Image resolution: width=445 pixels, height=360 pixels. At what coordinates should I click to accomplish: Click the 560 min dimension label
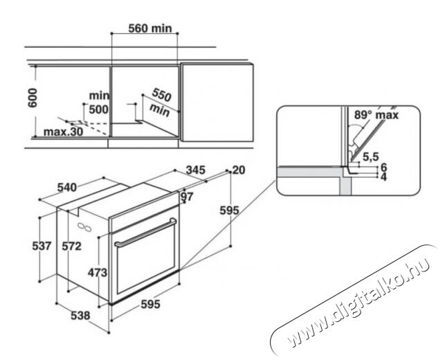tap(150, 28)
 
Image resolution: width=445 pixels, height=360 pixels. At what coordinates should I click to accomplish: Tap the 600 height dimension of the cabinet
tap(33, 98)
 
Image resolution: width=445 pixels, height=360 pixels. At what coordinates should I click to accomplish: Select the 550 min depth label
tap(161, 102)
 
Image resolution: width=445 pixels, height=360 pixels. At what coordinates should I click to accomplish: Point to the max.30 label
tap(63, 132)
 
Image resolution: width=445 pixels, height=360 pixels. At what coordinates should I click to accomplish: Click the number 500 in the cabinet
tap(99, 109)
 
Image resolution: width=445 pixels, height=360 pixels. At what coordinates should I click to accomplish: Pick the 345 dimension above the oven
tap(195, 170)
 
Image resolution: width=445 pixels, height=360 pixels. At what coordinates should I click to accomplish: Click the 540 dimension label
tap(67, 188)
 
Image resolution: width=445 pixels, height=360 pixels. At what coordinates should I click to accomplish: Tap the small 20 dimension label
tap(239, 170)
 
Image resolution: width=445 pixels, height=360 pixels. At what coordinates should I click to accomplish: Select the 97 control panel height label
tap(187, 197)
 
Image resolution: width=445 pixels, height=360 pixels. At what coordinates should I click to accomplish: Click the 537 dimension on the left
tap(42, 246)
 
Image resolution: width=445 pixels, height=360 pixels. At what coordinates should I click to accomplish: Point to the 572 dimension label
tap(71, 246)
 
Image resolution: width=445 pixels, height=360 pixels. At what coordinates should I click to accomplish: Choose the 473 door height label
tap(98, 273)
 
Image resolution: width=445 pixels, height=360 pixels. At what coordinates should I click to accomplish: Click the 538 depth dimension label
tap(80, 316)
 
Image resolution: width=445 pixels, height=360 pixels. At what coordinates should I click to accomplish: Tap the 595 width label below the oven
tap(151, 305)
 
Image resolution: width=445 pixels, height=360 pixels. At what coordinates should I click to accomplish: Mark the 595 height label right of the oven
tap(230, 210)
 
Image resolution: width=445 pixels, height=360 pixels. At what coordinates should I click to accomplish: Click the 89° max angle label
tap(376, 115)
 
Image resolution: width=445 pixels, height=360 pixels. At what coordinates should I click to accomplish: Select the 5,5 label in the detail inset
tap(371, 156)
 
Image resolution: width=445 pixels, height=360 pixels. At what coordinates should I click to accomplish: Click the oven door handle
tap(145, 232)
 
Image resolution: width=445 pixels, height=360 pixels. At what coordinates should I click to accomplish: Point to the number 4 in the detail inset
tap(383, 177)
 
